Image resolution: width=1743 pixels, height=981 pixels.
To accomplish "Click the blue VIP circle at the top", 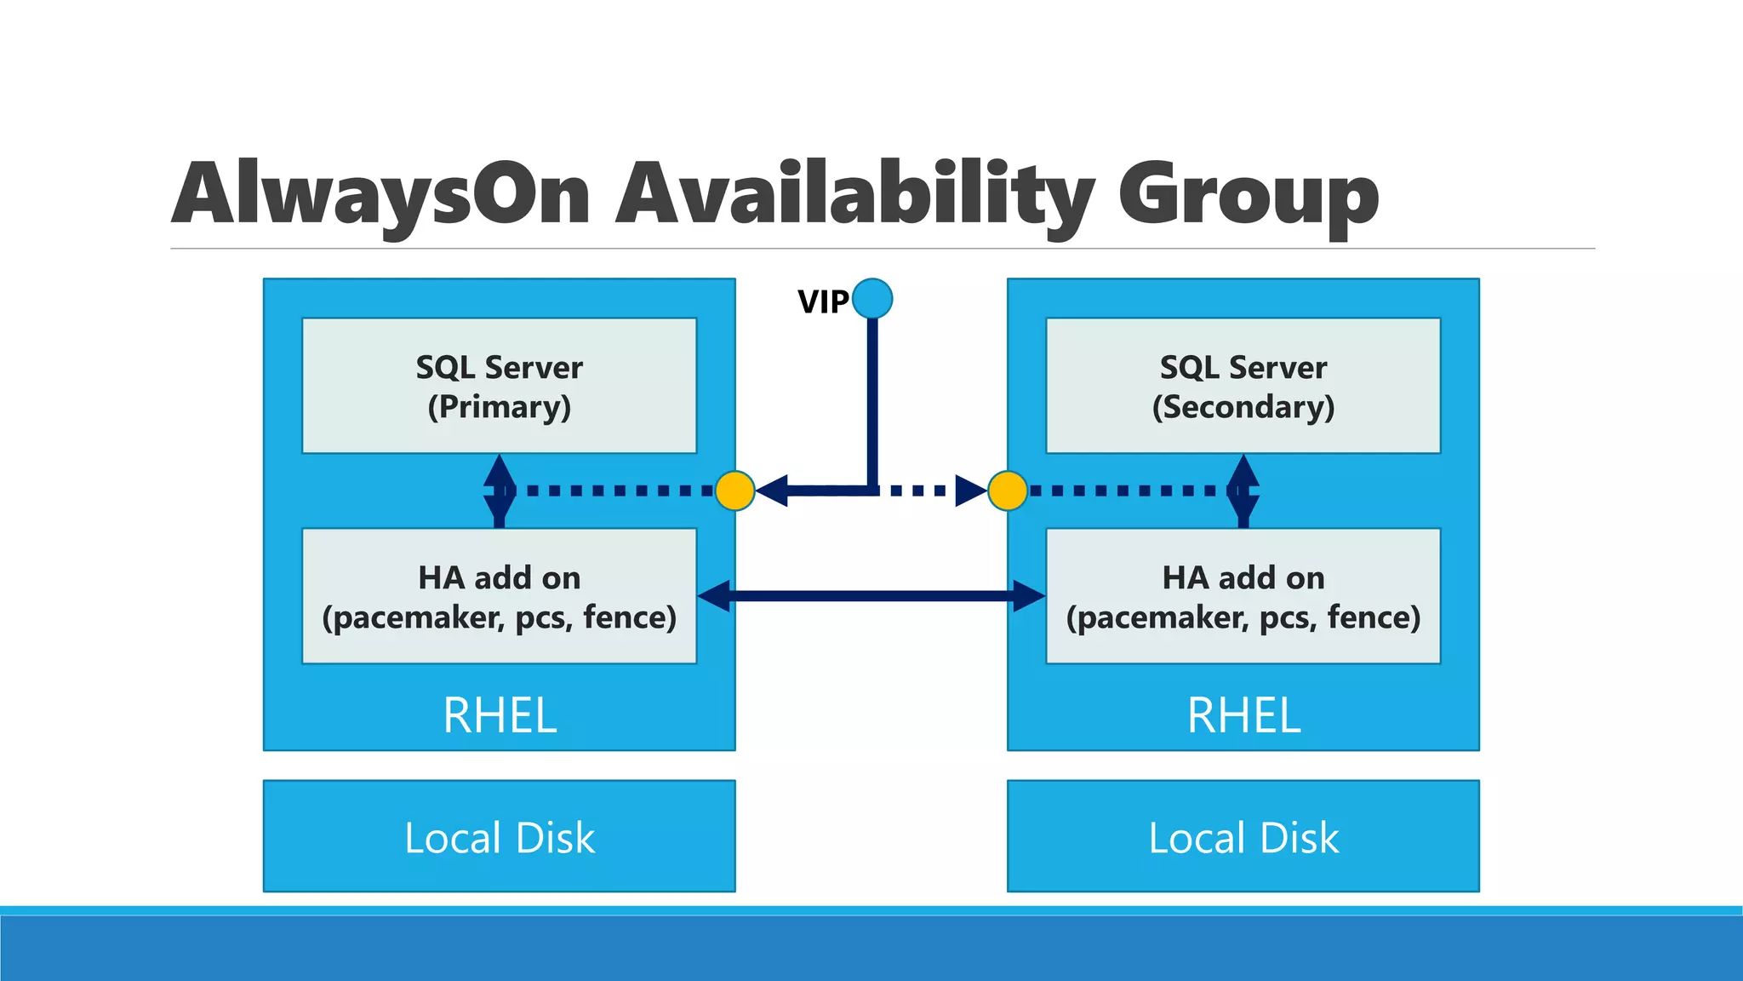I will tap(871, 299).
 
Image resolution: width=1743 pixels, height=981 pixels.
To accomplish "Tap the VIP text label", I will tap(822, 301).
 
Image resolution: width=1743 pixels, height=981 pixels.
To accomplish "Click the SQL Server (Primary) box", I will tap(499, 386).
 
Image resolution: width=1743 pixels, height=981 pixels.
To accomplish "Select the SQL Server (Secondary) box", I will tap(1243, 386).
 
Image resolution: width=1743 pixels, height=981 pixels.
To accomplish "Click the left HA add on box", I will tap(499, 596).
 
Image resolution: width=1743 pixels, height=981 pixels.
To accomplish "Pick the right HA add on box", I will tap(1243, 596).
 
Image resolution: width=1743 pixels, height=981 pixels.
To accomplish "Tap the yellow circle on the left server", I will tap(734, 490).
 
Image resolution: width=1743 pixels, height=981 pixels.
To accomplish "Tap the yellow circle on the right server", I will tap(1008, 490).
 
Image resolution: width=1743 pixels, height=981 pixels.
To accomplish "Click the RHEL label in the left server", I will tap(500, 715).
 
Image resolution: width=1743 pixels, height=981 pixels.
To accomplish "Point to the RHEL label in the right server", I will tap(1243, 715).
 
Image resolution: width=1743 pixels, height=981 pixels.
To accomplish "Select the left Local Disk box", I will tap(499, 836).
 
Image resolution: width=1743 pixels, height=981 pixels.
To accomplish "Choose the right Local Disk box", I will tap(1243, 836).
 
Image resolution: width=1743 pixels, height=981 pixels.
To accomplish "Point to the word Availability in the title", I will tap(854, 196).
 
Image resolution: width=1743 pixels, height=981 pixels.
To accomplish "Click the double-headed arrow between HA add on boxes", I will tap(871, 595).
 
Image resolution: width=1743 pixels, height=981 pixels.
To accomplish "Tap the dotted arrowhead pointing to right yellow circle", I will tap(970, 490).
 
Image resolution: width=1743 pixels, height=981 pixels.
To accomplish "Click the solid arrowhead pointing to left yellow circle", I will tap(773, 490).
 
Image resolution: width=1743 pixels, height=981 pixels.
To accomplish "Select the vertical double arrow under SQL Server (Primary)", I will tap(499, 491).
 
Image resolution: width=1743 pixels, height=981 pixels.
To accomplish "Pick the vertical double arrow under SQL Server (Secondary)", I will tap(1243, 491).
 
